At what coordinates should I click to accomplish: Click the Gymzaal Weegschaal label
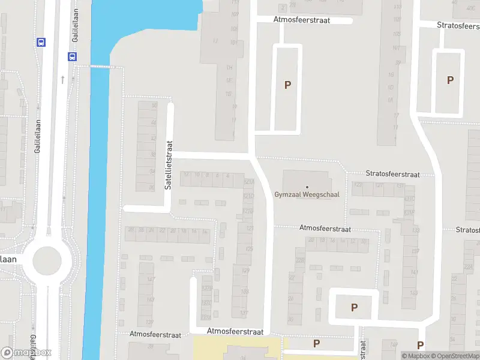[x=307, y=194]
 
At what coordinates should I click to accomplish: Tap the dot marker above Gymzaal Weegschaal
[x=307, y=187]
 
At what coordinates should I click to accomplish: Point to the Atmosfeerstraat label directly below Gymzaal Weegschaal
[x=325, y=229]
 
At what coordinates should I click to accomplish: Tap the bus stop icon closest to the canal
[x=73, y=57]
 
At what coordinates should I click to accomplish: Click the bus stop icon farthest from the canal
[x=41, y=42]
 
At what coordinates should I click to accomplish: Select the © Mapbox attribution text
[x=415, y=356]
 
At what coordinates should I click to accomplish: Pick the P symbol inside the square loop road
[x=354, y=307]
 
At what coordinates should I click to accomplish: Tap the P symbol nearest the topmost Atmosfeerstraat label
[x=287, y=85]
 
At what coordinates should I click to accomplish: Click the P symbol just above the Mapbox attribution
[x=421, y=345]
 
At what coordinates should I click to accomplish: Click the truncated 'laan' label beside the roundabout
[x=8, y=259]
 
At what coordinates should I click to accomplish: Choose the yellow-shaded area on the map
[x=237, y=347]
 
